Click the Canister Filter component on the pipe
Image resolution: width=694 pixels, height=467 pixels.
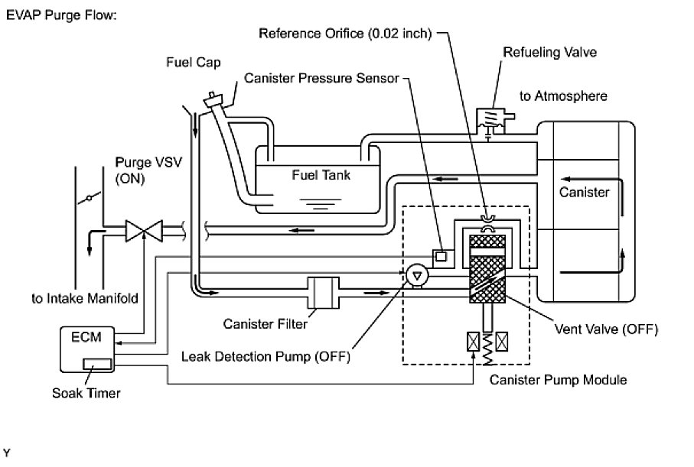coord(321,293)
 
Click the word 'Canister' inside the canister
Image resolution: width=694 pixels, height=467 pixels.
coord(585,192)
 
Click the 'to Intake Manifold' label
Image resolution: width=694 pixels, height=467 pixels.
coord(85,298)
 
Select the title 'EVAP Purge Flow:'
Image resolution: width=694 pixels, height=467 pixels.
coord(61,15)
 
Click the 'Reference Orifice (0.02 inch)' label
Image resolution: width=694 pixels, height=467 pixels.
coord(346,34)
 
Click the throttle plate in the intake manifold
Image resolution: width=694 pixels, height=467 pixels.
coord(90,199)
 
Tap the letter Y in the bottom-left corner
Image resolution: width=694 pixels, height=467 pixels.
coord(8,454)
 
